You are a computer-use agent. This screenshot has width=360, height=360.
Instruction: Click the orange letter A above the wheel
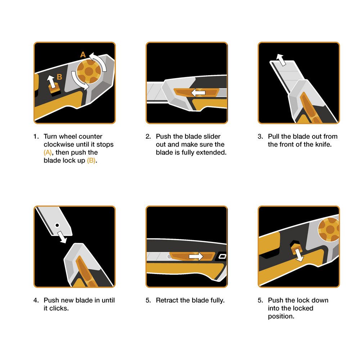tap(83, 55)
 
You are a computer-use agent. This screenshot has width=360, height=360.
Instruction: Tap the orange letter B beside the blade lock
tap(59, 77)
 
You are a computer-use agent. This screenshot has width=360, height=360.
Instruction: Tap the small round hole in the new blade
tap(57, 225)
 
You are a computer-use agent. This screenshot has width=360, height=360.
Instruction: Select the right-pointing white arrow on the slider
tap(196, 256)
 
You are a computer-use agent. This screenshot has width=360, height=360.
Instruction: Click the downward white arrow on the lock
tap(299, 255)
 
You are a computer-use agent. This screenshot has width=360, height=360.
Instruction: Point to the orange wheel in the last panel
tap(329, 229)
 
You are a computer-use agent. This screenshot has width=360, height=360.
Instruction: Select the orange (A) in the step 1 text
tap(48, 153)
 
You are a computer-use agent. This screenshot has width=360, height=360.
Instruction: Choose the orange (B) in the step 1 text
tap(91, 161)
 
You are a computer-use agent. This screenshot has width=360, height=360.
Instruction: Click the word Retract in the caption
tap(167, 301)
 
